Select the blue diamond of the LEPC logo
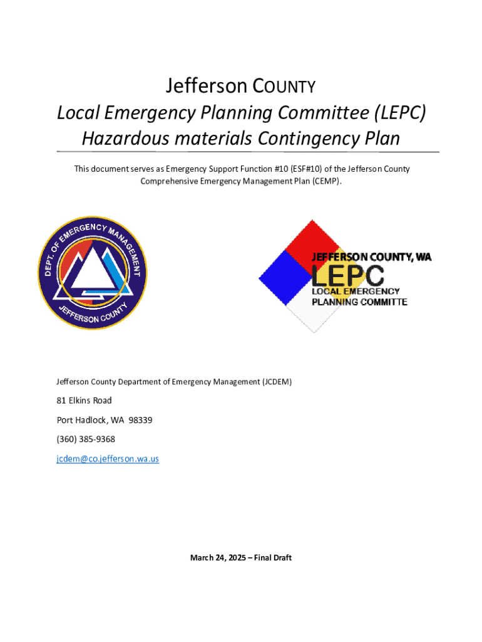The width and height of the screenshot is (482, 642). tap(285, 276)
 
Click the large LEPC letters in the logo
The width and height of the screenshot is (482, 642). tap(348, 275)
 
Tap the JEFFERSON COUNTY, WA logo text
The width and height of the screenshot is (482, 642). tap(372, 257)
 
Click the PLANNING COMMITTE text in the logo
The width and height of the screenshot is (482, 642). tap(359, 302)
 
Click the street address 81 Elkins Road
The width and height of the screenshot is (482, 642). tap(85, 401)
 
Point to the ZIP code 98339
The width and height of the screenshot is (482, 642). tap(140, 420)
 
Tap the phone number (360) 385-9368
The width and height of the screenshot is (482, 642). tap(86, 439)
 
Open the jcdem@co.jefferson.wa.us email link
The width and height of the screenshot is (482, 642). tap(108, 459)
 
